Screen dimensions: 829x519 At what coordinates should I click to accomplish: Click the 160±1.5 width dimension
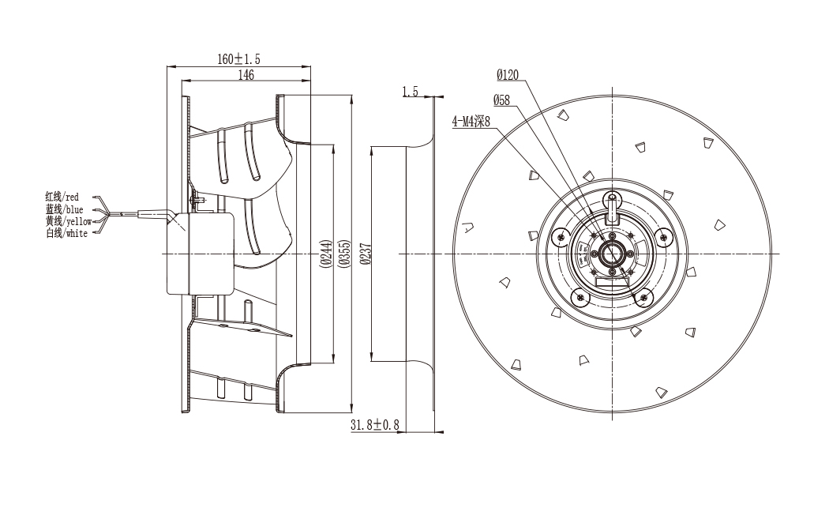238,58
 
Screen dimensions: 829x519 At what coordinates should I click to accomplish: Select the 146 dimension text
246,74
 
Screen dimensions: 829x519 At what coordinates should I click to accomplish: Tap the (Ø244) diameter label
326,254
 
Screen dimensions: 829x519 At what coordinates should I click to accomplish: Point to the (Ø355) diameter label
343,254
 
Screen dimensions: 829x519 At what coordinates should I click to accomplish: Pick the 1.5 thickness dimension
410,92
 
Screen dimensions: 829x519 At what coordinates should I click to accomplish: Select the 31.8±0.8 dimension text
374,424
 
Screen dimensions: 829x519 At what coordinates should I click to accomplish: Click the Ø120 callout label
508,74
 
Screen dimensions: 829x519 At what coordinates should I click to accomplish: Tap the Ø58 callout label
501,100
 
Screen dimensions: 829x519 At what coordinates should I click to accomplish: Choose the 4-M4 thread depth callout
471,122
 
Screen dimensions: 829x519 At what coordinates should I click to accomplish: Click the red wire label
62,197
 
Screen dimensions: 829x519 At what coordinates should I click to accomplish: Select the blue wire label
64,209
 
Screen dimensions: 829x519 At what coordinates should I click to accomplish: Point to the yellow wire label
69,221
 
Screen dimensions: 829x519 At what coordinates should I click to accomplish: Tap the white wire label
66,233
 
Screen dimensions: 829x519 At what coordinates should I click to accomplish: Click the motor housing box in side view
201,254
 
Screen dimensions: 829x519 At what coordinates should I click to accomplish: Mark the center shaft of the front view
612,254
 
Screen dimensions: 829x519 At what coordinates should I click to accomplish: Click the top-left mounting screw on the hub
560,237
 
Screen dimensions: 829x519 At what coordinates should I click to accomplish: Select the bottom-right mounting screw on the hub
643,298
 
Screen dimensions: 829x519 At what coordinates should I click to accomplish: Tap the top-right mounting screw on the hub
663,237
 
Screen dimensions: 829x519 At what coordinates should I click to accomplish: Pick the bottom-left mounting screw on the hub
580,298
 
